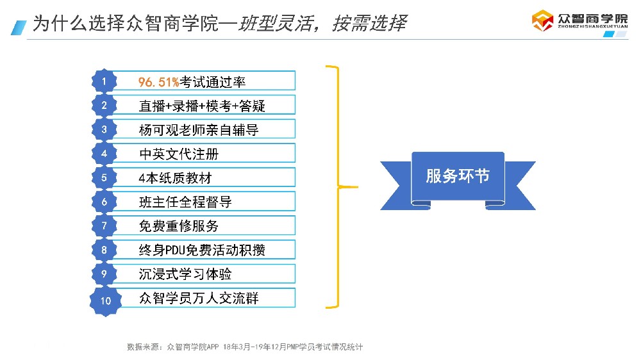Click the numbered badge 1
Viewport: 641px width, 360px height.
coord(104,81)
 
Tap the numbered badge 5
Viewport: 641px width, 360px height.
coord(104,177)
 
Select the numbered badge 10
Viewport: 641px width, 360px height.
coord(106,300)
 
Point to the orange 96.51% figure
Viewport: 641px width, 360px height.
coord(158,82)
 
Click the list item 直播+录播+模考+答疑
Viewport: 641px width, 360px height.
coord(202,106)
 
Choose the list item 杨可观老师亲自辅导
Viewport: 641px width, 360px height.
coord(199,129)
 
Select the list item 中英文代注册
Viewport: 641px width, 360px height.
coord(179,154)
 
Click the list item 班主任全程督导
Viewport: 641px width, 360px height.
coord(185,202)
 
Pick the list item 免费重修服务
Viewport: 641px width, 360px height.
coord(179,226)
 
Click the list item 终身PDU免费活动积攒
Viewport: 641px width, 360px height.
coord(202,250)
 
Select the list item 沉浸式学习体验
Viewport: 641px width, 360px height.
coord(185,274)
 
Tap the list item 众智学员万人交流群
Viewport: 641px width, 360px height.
coord(199,299)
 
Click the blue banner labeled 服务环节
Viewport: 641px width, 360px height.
coord(458,176)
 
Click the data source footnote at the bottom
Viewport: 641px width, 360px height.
coord(245,347)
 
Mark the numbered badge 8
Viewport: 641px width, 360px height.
coord(104,250)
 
